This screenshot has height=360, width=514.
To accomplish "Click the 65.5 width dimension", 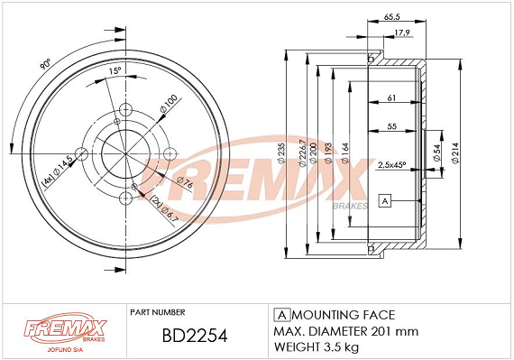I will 392,16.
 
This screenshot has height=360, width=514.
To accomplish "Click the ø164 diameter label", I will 345,151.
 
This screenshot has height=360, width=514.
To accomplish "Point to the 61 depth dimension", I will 391,97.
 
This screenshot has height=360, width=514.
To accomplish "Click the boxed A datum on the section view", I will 384,200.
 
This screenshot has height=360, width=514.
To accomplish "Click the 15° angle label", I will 114,70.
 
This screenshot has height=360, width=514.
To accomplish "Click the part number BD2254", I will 191,336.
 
